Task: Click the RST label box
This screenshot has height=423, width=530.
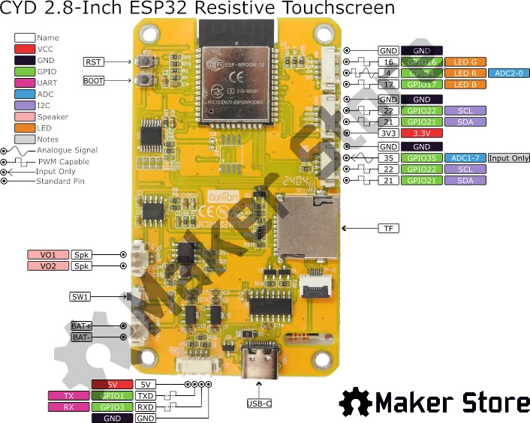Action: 93,61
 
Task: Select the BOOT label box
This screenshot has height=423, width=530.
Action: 93,80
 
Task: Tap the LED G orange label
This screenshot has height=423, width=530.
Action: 465,62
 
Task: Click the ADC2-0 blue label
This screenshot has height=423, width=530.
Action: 509,73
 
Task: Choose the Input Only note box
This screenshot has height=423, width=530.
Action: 509,158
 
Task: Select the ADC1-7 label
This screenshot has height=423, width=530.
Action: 465,158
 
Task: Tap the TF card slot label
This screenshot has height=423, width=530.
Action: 389,228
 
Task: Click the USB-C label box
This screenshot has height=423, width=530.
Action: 259,404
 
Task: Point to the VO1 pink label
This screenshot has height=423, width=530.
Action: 48,254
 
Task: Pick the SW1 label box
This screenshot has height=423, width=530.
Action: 80,297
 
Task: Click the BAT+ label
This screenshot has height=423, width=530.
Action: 80,326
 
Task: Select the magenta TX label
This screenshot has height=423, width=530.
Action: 68,395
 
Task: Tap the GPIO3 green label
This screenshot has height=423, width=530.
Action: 112,406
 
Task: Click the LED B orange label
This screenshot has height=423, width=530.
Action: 465,85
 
